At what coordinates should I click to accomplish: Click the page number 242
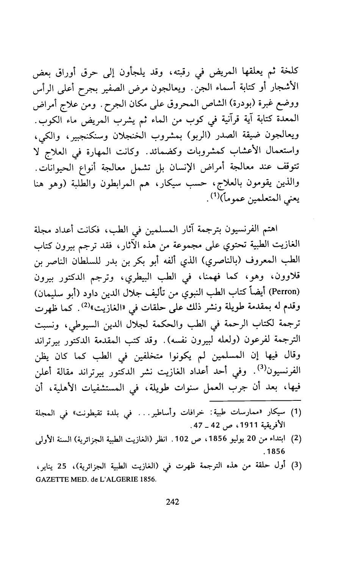click(172, 503)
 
